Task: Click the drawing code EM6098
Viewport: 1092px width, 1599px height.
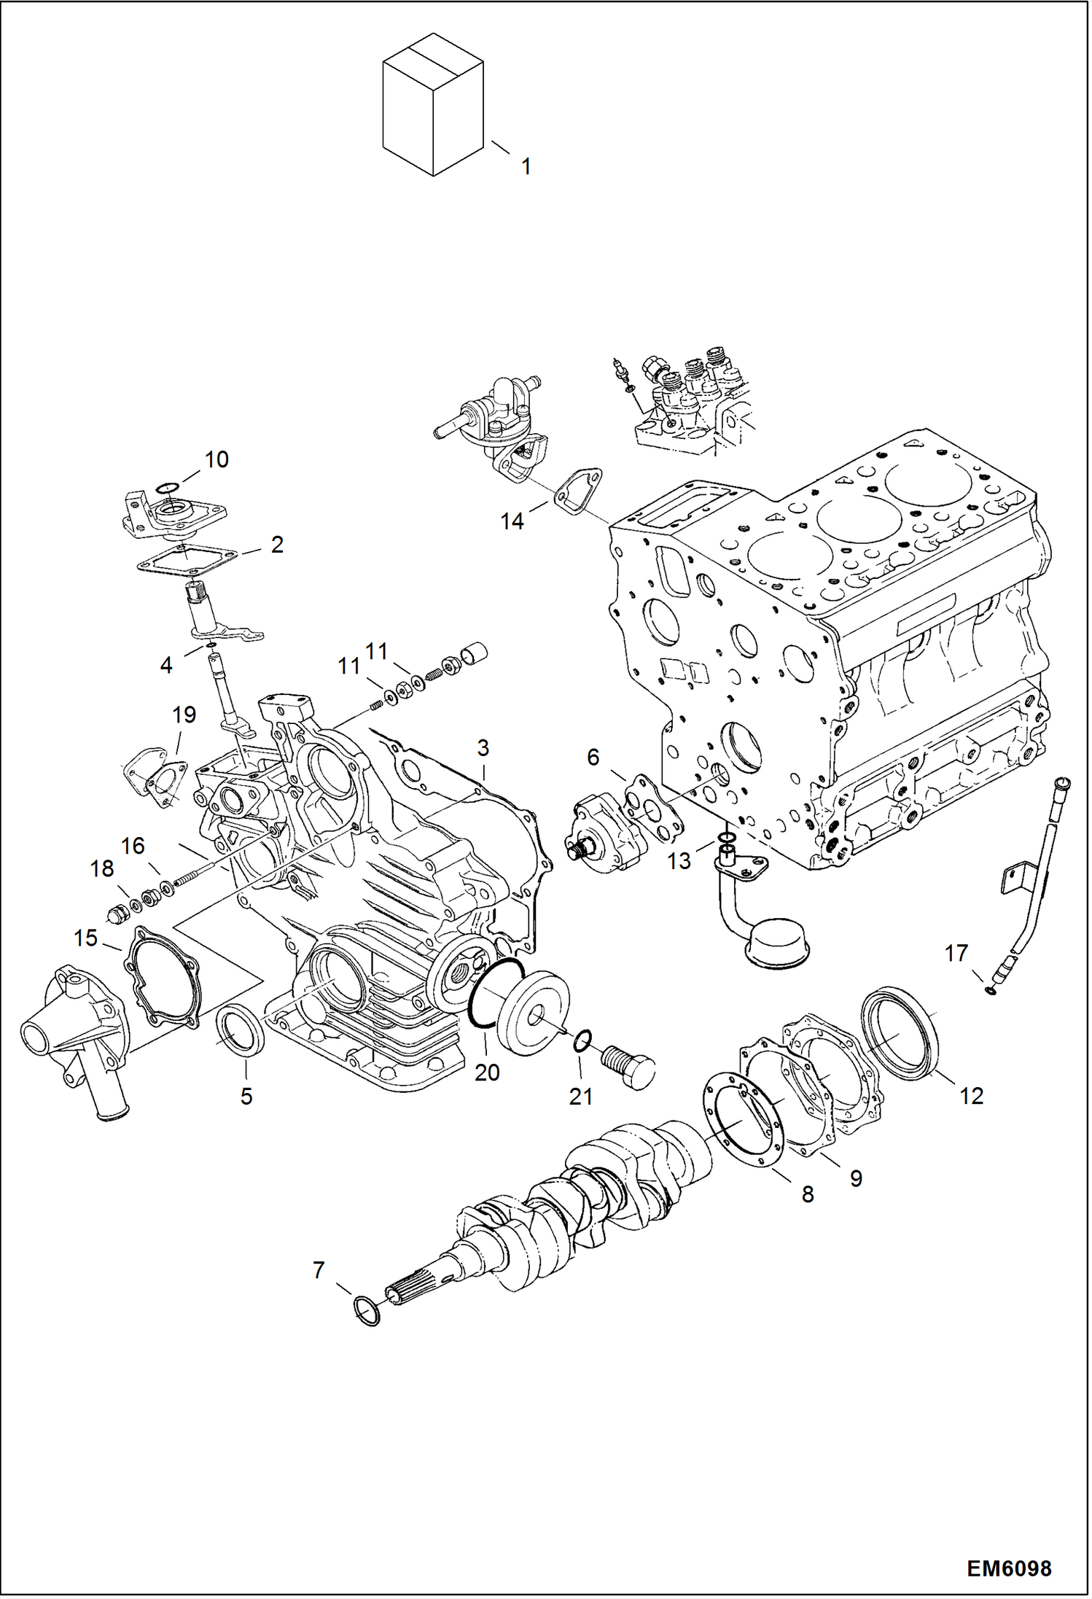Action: [1009, 1569]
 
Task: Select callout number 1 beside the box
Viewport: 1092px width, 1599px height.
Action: [526, 166]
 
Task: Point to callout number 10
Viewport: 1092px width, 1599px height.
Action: [217, 459]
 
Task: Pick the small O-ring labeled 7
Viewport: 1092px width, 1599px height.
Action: [367, 1312]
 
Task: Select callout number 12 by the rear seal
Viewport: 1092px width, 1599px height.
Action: [971, 1095]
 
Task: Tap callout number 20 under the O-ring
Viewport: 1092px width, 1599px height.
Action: [487, 1072]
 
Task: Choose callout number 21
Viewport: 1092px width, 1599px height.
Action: [580, 1096]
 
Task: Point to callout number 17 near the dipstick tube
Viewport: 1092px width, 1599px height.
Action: [956, 953]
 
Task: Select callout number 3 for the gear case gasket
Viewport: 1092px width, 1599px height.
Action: [483, 747]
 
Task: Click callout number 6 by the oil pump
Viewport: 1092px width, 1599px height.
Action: [593, 758]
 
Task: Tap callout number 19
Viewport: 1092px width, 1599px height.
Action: [184, 715]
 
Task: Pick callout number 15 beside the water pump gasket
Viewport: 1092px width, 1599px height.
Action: [85, 938]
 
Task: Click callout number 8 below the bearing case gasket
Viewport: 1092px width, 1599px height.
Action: [807, 1194]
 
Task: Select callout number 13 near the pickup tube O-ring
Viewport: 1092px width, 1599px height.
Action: [679, 861]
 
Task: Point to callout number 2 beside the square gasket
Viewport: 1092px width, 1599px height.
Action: [277, 544]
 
